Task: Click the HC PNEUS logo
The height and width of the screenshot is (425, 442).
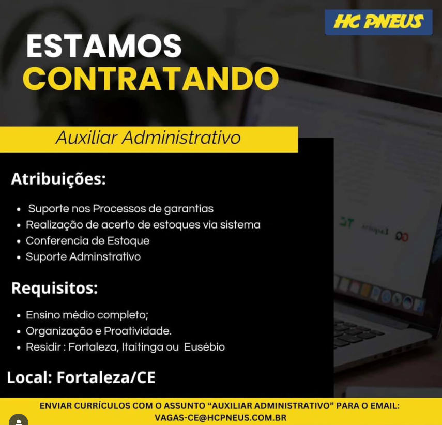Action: pos(378,22)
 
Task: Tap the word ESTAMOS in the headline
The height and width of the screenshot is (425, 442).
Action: pos(104,46)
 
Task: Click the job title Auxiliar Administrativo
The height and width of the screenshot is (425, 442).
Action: pos(148,138)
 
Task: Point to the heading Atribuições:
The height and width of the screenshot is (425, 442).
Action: pos(58,179)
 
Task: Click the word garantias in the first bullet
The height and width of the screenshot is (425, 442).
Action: pos(189,209)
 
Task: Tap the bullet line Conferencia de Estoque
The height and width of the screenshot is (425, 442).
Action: pos(88,241)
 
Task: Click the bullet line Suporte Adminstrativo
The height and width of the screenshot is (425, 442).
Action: pos(83,256)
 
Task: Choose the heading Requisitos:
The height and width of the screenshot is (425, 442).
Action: pos(55,289)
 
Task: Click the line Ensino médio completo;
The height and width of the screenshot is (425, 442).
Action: pos(87,315)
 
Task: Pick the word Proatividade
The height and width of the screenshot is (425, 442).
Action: pos(138,331)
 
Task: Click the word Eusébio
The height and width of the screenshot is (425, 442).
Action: pos(204,347)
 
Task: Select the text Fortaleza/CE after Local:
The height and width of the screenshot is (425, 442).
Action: pos(106,377)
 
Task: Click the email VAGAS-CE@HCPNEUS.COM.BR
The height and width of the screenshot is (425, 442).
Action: pos(220,418)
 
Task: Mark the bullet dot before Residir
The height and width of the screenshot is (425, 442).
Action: pos(19,348)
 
